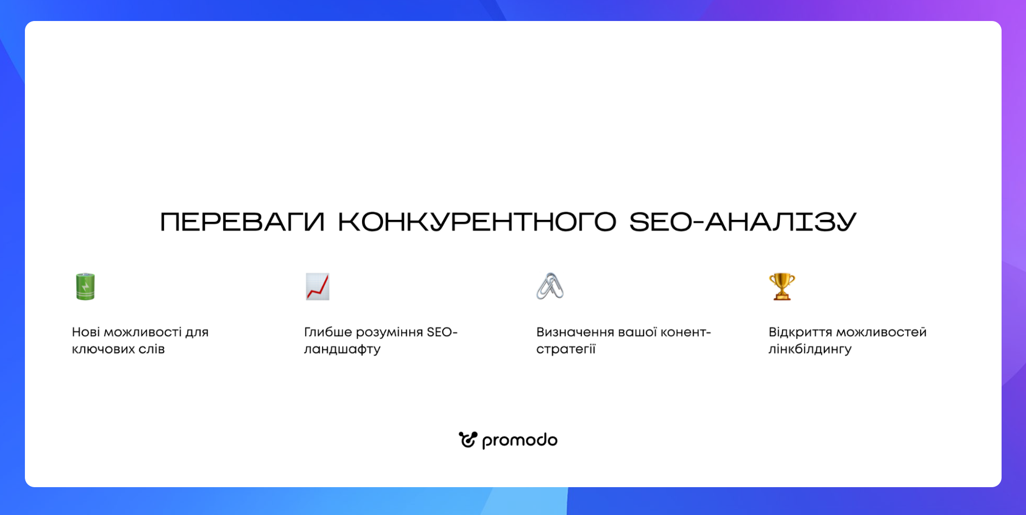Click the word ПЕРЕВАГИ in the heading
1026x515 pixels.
(x=242, y=222)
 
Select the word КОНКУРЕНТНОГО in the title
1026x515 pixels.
(x=477, y=222)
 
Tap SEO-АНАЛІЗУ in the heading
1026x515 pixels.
(x=743, y=222)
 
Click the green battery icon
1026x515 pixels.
(x=85, y=286)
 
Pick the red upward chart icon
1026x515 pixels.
(x=318, y=286)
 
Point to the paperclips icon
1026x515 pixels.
(x=550, y=286)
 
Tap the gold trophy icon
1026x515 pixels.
(x=782, y=286)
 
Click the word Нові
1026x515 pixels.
(x=86, y=332)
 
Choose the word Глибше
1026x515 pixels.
(x=328, y=332)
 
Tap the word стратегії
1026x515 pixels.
(x=566, y=349)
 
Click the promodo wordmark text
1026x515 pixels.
(x=520, y=441)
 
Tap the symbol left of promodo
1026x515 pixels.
(x=468, y=440)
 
